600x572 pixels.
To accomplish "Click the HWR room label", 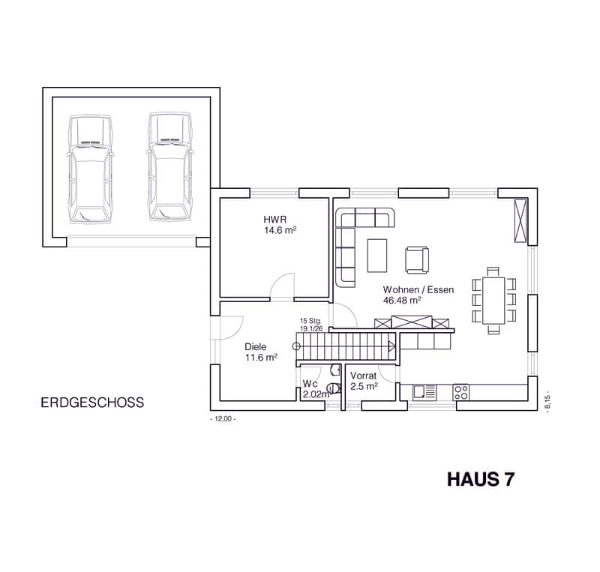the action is pyautogui.click(x=274, y=220).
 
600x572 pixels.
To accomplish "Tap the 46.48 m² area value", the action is pyautogui.click(x=402, y=301).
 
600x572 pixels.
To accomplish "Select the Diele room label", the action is pyautogui.click(x=255, y=347).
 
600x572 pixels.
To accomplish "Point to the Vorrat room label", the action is pyautogui.click(x=363, y=376).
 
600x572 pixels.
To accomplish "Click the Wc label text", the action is pyautogui.click(x=310, y=383).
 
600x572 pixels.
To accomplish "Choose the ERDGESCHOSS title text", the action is pyautogui.click(x=92, y=403).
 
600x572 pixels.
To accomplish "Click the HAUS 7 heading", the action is pyautogui.click(x=481, y=480).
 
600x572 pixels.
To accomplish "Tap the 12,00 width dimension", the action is pyautogui.click(x=223, y=419).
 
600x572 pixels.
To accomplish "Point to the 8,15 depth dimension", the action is pyautogui.click(x=548, y=401).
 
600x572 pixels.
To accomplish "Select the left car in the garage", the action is pyautogui.click(x=90, y=169).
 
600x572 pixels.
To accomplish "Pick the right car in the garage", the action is pyautogui.click(x=170, y=167).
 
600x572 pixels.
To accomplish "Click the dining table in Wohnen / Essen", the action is pyautogui.click(x=493, y=301).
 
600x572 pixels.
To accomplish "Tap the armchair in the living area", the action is pyautogui.click(x=417, y=260).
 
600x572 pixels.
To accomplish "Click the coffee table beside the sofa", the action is pyautogui.click(x=377, y=256).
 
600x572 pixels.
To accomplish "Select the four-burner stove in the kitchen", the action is pyautogui.click(x=460, y=393).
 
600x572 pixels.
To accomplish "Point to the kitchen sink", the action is pyautogui.click(x=424, y=392).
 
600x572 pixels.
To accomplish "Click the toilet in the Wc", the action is pyautogui.click(x=334, y=388).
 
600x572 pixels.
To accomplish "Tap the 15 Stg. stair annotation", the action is pyautogui.click(x=310, y=321).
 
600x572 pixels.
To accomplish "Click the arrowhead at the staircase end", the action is pyautogui.click(x=391, y=346).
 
